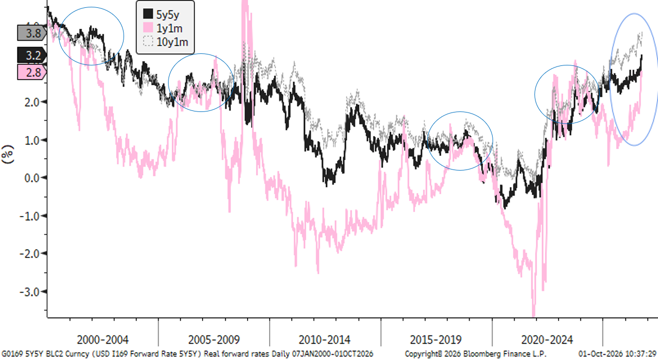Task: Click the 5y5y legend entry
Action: click(161, 14)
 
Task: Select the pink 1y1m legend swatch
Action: click(148, 28)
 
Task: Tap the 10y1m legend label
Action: click(172, 42)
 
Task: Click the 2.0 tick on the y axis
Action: click(32, 103)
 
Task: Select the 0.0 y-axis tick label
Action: click(32, 178)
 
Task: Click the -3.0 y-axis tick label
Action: click(30, 292)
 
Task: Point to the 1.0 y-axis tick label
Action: click(32, 140)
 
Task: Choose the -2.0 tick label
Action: click(30, 254)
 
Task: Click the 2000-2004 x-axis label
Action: click(103, 340)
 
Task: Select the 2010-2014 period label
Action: click(325, 340)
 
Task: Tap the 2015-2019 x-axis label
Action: click(436, 340)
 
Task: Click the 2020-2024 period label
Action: click(547, 340)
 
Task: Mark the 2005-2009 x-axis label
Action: click(214, 340)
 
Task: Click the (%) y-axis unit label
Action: click(8, 154)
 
